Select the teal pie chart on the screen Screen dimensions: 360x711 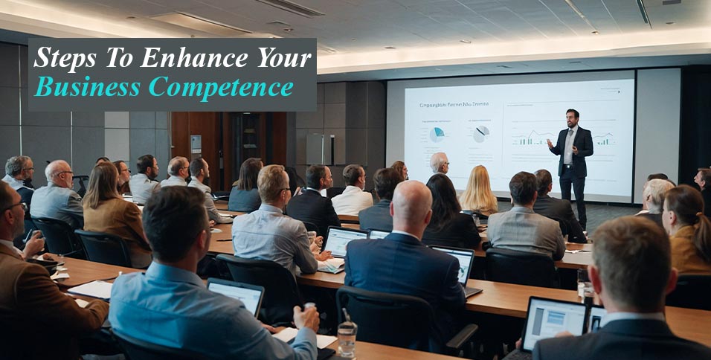coord(437,135)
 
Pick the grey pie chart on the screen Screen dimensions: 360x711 coord(481,134)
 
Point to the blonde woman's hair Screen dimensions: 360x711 coord(477,190)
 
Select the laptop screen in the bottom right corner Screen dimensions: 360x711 coord(554,322)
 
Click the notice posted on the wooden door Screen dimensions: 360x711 coord(196,143)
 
